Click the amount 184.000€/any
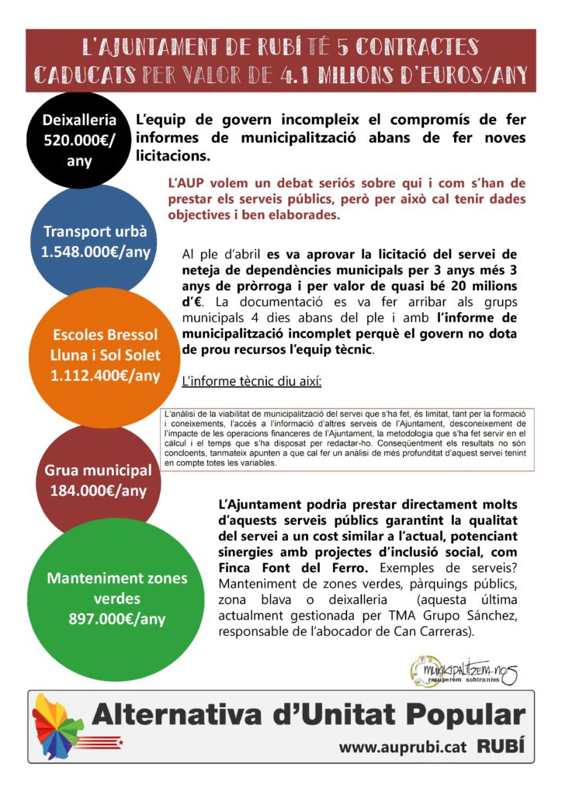tap(98, 490)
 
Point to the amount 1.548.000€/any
tap(95, 252)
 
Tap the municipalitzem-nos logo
tap(463, 668)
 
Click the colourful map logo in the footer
tap(59, 727)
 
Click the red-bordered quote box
tap(349, 438)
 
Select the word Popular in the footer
tap(453, 716)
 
